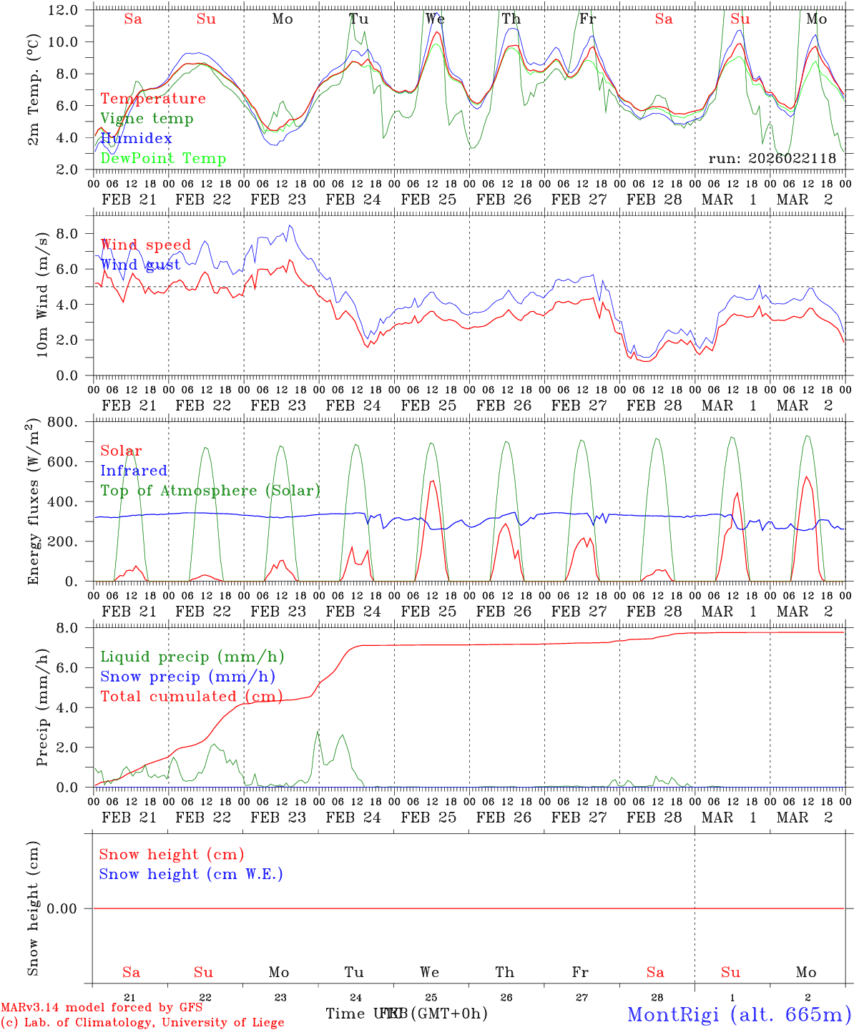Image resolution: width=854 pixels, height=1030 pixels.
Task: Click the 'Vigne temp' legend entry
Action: pyautogui.click(x=147, y=119)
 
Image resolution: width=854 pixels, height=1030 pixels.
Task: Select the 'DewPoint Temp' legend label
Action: pyautogui.click(x=163, y=159)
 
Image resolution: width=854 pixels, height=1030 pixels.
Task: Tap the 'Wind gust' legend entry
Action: pyautogui.click(x=141, y=265)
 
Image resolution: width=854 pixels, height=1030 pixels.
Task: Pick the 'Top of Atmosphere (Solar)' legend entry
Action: pyautogui.click(x=210, y=491)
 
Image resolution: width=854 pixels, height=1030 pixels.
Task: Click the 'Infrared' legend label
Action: pyautogui.click(x=134, y=471)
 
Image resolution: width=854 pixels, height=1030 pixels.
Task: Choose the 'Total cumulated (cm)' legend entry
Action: pyautogui.click(x=191, y=697)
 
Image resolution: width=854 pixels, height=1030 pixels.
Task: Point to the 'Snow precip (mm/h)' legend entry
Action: pyautogui.click(x=187, y=677)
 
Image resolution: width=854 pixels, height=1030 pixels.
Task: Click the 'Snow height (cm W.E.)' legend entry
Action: pyautogui.click(x=191, y=874)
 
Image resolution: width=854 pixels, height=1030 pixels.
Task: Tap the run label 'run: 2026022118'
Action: pyautogui.click(x=772, y=159)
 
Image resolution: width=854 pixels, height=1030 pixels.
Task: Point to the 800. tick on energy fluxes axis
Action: pyautogui.click(x=62, y=423)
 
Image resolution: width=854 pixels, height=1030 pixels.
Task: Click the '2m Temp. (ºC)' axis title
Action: pyautogui.click(x=34, y=90)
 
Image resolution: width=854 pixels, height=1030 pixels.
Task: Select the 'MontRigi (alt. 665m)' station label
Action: pyautogui.click(x=739, y=1014)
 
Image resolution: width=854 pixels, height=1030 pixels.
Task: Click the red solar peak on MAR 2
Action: pyautogui.click(x=807, y=477)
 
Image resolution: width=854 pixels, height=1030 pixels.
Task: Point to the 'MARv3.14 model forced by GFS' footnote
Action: pyautogui.click(x=102, y=1007)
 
